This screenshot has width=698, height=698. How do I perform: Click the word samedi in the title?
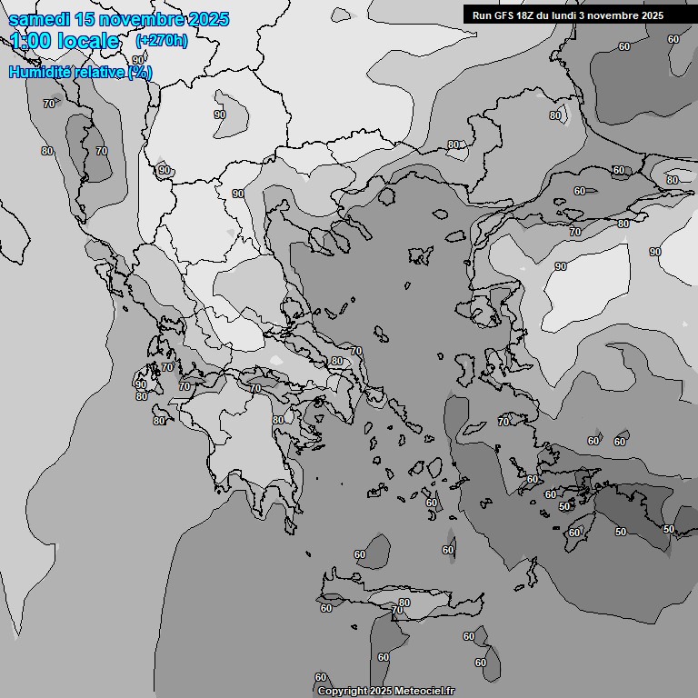tap(39, 19)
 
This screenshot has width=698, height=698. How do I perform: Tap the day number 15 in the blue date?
tap(86, 19)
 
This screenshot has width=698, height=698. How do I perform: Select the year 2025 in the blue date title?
tap(204, 19)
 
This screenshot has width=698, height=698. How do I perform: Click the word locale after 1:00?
tap(89, 41)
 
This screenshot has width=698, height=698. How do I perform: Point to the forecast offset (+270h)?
tap(161, 41)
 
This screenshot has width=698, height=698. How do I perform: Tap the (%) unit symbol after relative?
tap(140, 72)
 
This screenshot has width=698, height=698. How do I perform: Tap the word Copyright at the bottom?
tap(343, 691)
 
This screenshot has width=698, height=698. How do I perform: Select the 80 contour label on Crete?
tap(404, 603)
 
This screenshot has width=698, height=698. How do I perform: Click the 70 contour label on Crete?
tap(397, 611)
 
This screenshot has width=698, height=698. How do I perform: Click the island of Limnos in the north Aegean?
tap(420, 254)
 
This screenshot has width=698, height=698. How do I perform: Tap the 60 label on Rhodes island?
tap(573, 533)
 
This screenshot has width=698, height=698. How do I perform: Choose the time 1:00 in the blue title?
tap(28, 41)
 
